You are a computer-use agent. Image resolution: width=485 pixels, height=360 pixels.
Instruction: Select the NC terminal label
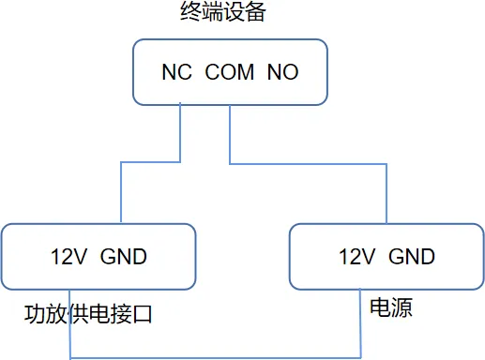click(x=176, y=72)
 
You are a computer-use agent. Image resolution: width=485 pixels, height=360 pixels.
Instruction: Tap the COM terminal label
click(x=230, y=72)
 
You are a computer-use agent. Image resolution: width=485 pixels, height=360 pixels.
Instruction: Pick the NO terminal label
click(x=283, y=72)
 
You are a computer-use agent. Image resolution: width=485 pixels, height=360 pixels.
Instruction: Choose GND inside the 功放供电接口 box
click(x=123, y=256)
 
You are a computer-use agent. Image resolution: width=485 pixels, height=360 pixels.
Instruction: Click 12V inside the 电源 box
click(x=357, y=256)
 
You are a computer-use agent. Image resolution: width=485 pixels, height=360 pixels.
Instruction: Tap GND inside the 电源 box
click(x=411, y=256)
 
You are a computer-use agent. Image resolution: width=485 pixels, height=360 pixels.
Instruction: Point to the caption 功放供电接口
click(x=88, y=314)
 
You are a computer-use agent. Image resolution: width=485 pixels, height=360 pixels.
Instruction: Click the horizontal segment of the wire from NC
click(x=150, y=161)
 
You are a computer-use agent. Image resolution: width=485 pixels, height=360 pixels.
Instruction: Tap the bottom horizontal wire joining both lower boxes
click(x=216, y=358)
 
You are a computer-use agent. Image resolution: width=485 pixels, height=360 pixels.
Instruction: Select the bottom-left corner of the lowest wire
click(x=71, y=358)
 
